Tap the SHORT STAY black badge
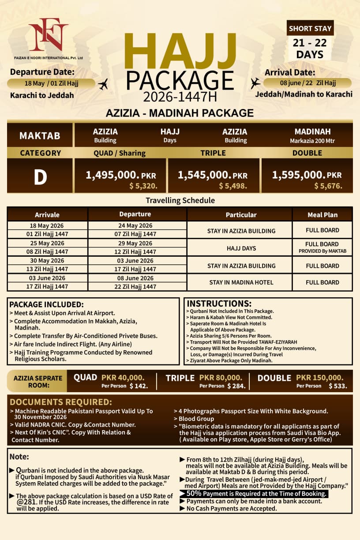[x=310, y=29]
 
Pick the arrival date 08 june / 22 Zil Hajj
[x=307, y=82]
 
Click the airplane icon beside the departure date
[x=103, y=84]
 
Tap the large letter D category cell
[x=40, y=176]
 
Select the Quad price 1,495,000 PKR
[x=120, y=175]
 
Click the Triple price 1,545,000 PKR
[x=213, y=175]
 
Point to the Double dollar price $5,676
[x=328, y=186]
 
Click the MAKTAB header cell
[x=40, y=135]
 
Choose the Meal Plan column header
[x=322, y=215]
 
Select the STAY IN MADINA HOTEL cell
[x=241, y=282]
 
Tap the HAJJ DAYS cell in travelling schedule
[x=241, y=248]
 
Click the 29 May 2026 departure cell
[x=136, y=244]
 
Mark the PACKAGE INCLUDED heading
[x=46, y=304]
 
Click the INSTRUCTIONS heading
[x=219, y=304]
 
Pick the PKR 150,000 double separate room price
[x=319, y=378]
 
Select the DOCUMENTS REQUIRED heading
[x=60, y=402]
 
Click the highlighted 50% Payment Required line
[x=256, y=494]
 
